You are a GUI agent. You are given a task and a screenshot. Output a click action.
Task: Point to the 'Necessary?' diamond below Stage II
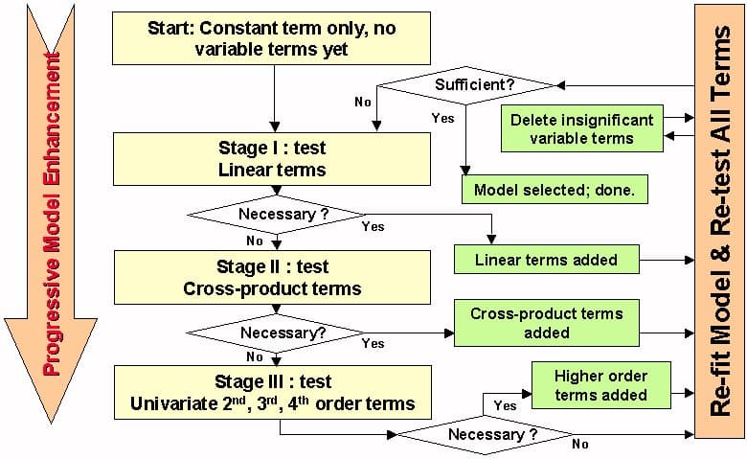(x=275, y=333)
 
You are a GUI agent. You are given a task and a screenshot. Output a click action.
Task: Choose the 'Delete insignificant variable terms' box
(x=581, y=129)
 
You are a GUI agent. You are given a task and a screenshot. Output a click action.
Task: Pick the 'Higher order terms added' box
(x=600, y=384)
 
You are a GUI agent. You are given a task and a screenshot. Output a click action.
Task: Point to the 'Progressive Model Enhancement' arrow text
(x=52, y=211)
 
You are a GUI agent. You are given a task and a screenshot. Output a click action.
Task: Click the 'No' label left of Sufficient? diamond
(x=363, y=101)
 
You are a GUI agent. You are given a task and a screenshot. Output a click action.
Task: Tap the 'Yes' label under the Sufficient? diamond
(x=443, y=119)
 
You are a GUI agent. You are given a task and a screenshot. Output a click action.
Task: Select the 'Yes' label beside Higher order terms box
(x=505, y=405)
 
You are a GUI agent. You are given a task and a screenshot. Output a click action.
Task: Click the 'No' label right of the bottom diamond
(x=580, y=444)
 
